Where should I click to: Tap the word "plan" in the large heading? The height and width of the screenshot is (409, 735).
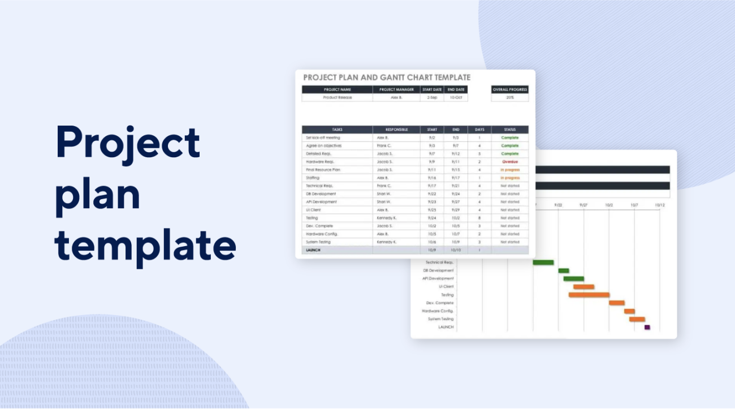click(x=97, y=194)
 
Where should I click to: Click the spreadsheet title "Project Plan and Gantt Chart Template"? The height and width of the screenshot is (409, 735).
click(x=387, y=78)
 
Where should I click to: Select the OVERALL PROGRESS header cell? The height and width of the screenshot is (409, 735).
click(x=509, y=89)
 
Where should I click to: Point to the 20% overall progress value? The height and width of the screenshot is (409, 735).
click(x=509, y=97)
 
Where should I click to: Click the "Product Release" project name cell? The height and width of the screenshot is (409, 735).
click(x=337, y=97)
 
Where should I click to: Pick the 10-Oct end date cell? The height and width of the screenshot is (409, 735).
click(x=456, y=97)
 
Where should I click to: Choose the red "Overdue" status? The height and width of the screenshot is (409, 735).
click(x=509, y=162)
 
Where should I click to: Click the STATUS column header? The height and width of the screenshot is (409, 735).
click(x=509, y=130)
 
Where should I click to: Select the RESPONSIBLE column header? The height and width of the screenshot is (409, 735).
click(x=396, y=130)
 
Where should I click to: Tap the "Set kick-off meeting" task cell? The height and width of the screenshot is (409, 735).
click(x=323, y=137)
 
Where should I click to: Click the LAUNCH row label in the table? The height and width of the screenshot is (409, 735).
click(x=313, y=249)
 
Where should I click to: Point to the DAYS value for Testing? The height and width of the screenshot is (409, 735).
click(x=479, y=218)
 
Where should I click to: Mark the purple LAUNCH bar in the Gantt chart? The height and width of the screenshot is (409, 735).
click(x=647, y=327)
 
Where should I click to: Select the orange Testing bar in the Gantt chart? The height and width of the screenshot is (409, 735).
click(x=589, y=295)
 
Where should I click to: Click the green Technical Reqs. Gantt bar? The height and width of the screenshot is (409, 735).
click(x=543, y=262)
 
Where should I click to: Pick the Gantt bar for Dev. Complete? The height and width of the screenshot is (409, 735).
click(x=616, y=303)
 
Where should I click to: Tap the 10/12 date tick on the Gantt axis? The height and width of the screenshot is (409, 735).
click(x=660, y=205)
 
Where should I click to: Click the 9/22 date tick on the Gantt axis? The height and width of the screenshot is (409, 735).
click(x=558, y=205)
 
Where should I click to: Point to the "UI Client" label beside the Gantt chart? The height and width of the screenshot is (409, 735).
click(x=446, y=287)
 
